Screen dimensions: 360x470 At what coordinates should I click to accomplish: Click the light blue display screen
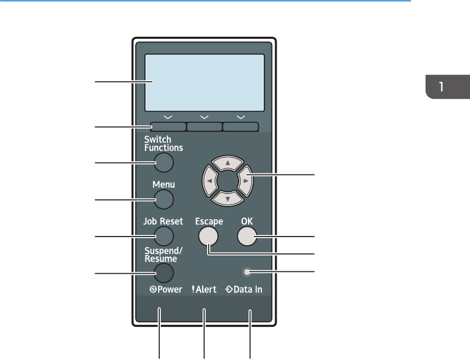[205, 82]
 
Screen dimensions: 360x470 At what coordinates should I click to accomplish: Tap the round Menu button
[163, 199]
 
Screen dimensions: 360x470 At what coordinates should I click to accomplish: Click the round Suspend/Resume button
[163, 273]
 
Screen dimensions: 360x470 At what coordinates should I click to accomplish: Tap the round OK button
[246, 236]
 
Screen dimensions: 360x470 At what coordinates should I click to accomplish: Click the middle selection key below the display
[205, 127]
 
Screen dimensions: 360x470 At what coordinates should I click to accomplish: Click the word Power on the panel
[168, 290]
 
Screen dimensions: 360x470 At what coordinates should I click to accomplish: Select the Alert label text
[207, 290]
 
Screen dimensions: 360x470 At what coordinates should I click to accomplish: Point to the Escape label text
[209, 222]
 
